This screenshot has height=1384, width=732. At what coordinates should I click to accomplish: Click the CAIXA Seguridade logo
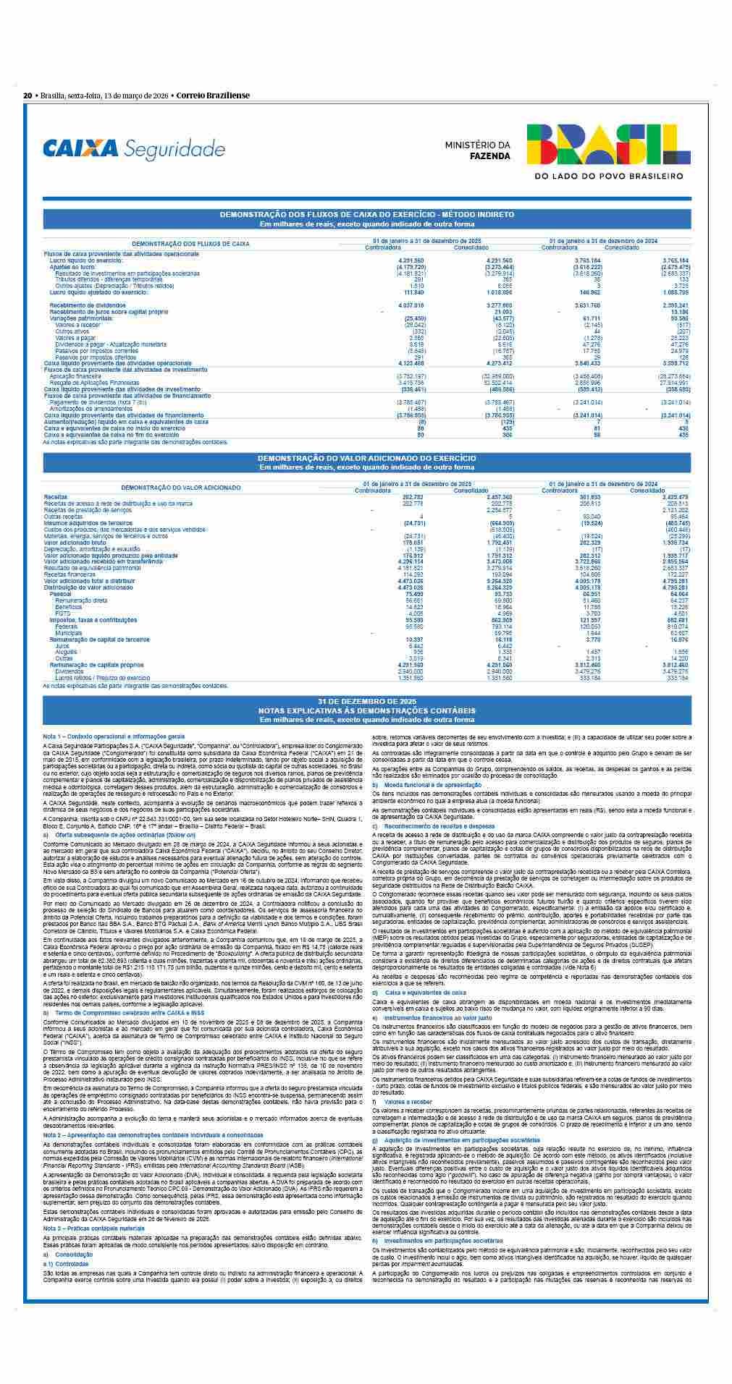tap(134, 149)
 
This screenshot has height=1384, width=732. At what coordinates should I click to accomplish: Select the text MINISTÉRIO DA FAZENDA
tap(478, 150)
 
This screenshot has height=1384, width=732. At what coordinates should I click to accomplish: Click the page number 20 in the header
tap(27, 95)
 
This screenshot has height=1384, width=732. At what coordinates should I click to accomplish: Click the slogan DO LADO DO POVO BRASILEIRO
tap(608, 176)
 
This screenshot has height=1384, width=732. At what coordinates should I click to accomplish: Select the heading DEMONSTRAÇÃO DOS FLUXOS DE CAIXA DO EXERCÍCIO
tap(366, 215)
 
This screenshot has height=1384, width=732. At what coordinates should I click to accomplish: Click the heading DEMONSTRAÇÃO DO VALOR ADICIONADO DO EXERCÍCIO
tap(366, 459)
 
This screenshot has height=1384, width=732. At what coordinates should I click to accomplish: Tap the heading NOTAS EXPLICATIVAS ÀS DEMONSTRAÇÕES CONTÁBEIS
tap(366, 710)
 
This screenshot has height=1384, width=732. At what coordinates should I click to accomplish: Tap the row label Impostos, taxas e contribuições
tap(93, 620)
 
